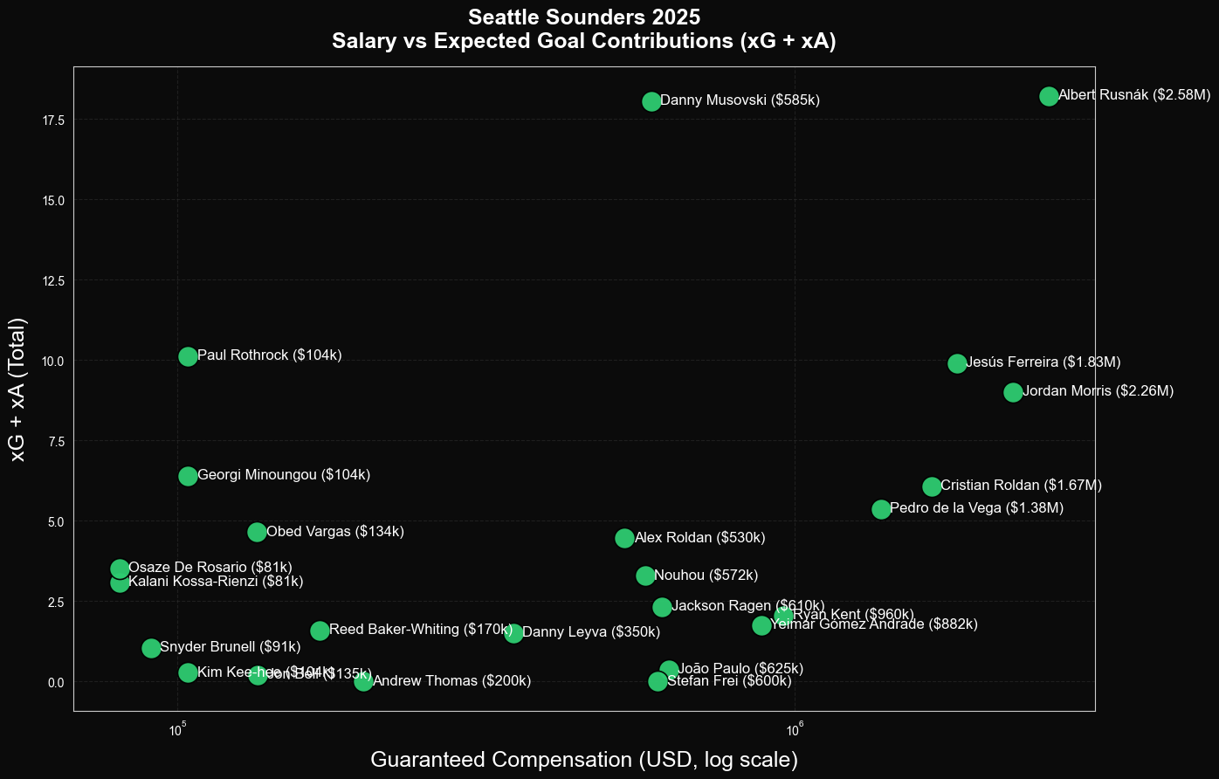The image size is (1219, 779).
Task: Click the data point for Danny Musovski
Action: [x=651, y=101]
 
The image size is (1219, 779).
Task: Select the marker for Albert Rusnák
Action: [x=1049, y=96]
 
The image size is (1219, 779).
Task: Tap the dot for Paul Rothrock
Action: [x=188, y=356]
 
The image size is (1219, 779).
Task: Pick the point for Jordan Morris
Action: [x=1013, y=392]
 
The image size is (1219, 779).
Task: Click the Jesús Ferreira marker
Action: [x=957, y=363]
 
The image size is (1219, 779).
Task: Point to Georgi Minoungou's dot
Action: [x=188, y=476]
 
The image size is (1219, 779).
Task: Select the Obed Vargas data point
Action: [x=257, y=532]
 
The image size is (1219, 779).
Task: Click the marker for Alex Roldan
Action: [x=624, y=538]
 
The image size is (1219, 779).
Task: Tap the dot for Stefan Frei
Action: [x=658, y=681]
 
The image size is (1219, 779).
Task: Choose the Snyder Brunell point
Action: [x=151, y=648]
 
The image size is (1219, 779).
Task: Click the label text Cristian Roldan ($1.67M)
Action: [x=1021, y=486]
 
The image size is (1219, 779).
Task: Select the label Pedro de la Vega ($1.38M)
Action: [x=976, y=508]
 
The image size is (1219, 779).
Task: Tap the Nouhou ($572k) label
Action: [x=706, y=576]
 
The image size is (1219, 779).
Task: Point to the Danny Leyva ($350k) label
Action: [x=590, y=632]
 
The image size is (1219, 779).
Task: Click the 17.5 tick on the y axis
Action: [x=52, y=120]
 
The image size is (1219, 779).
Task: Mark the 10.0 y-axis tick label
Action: [x=52, y=361]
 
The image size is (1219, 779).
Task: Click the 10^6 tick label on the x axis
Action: [x=794, y=731]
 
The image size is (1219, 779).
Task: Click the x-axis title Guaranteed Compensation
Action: [x=584, y=760]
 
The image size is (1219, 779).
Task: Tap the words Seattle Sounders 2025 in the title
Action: [x=583, y=17]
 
